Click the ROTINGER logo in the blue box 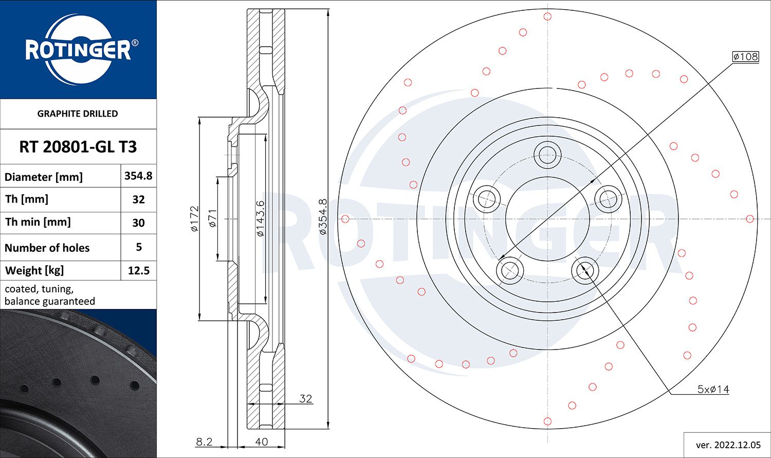pos(79,50)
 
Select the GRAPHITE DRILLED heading pos(78,114)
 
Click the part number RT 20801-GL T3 pos(78,147)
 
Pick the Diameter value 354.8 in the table pos(138,176)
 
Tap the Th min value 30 pos(138,223)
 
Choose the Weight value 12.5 pos(138,270)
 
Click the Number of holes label pos(47,248)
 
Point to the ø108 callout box pos(745,57)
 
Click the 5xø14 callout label pos(713,389)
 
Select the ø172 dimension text pos(194,219)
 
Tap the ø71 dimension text pos(213,218)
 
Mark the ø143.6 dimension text pos(260,218)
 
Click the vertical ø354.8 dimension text pos(323,217)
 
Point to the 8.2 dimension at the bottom pos(204,442)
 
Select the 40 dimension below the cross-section pos(262,442)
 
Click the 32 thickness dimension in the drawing pos(306,398)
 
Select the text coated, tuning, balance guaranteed pos(50,295)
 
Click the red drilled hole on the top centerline pos(547,16)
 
